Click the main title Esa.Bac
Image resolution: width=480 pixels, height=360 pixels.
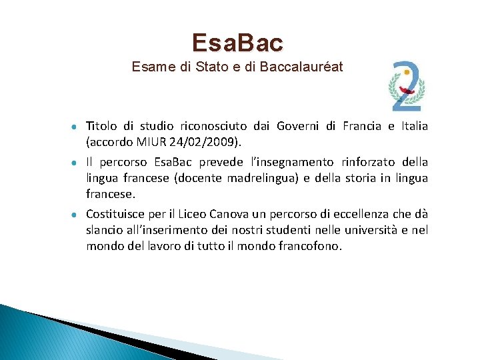tap(237, 43)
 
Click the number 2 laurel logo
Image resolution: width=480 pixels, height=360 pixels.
tap(407, 86)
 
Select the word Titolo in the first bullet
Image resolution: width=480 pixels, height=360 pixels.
tap(101, 127)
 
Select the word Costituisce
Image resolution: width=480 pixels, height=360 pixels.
tap(115, 214)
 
